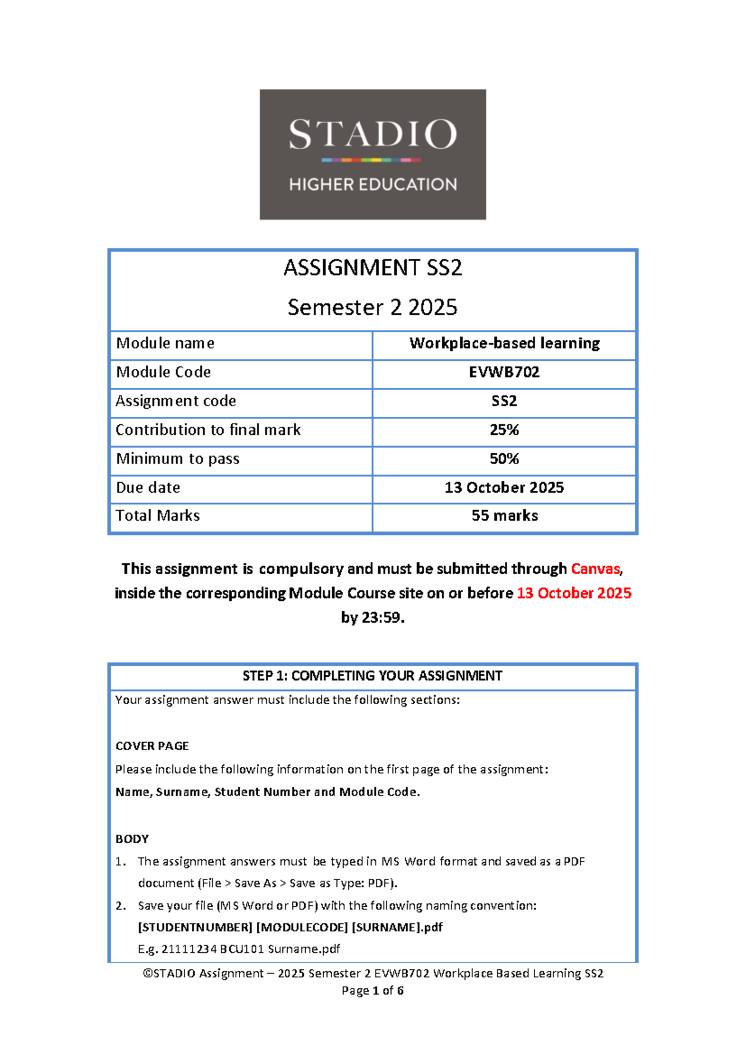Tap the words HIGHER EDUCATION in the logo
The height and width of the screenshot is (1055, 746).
[372, 184]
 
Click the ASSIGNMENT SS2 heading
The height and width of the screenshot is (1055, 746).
[372, 268]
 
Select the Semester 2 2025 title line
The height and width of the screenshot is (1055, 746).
[372, 307]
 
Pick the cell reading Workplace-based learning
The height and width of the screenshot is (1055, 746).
[504, 343]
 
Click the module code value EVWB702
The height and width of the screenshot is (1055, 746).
[504, 372]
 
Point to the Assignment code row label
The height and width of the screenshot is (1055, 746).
[176, 401]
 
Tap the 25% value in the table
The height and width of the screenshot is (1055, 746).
[504, 430]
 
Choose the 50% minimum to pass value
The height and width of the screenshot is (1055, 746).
[504, 459]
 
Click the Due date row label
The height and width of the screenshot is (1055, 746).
[148, 488]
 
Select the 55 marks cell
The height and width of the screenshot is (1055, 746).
[504, 516]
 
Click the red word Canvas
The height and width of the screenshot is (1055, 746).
[596, 569]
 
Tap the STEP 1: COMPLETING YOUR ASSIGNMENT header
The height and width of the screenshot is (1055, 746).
[372, 676]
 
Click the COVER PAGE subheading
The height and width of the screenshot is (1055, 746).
[152, 746]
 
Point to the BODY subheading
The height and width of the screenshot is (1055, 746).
[132, 839]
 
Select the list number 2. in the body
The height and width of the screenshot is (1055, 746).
[121, 906]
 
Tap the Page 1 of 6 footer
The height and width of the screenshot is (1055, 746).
[372, 990]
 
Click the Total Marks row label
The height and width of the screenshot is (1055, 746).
[158, 516]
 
